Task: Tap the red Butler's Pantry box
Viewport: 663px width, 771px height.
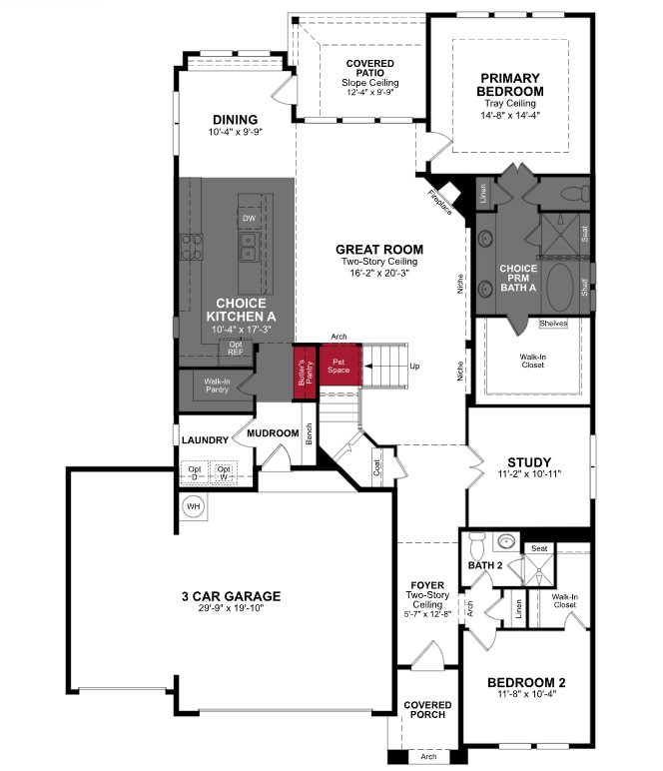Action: click(x=304, y=371)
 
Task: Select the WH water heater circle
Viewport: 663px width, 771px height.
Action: click(x=193, y=506)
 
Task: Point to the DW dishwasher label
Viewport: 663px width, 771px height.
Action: click(x=249, y=217)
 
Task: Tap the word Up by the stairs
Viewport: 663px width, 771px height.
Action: click(x=414, y=367)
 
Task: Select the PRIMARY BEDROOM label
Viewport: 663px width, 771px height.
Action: click(x=509, y=84)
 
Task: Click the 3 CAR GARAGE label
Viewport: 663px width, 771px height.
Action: click(x=231, y=596)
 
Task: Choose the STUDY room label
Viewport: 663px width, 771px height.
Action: click(x=529, y=461)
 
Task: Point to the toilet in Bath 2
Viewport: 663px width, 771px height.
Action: click(x=476, y=547)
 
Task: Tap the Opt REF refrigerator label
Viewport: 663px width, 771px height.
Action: click(x=236, y=348)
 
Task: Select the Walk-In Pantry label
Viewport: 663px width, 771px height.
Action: click(x=217, y=385)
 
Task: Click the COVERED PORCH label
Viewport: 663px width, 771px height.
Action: click(x=427, y=710)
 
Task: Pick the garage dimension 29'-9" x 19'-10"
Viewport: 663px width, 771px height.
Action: click(x=231, y=610)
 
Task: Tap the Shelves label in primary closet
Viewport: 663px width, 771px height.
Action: click(x=552, y=324)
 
